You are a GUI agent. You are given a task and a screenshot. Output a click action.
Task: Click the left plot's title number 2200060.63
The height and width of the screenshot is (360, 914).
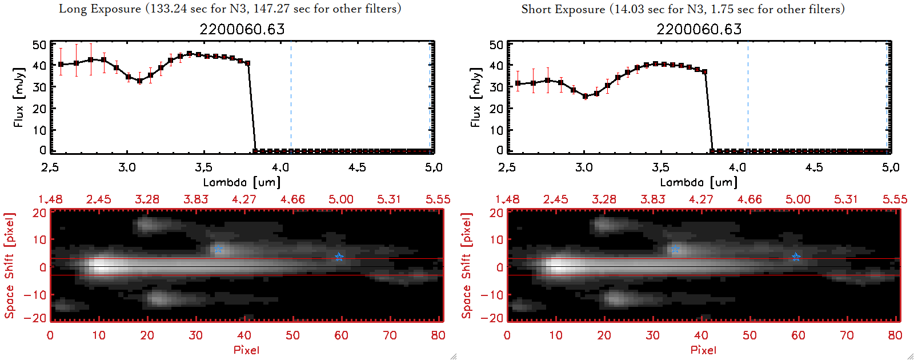click(x=242, y=29)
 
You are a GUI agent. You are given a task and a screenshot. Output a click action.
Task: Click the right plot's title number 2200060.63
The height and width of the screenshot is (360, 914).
click(x=699, y=29)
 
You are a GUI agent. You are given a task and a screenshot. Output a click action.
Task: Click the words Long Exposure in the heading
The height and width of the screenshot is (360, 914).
click(x=100, y=9)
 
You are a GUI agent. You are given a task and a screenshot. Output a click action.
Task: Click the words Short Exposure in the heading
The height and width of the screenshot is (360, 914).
click(x=563, y=9)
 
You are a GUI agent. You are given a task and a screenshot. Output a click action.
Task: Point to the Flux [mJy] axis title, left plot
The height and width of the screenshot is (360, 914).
click(x=19, y=97)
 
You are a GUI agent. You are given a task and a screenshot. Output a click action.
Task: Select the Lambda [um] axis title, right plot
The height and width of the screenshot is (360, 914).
click(x=699, y=182)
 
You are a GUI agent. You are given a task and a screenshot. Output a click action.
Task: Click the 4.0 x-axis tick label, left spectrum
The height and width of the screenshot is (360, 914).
click(x=280, y=167)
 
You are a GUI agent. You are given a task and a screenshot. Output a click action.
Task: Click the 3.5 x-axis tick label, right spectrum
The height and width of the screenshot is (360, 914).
click(x=660, y=167)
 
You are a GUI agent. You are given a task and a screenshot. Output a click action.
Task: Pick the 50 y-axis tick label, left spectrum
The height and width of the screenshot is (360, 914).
click(x=39, y=45)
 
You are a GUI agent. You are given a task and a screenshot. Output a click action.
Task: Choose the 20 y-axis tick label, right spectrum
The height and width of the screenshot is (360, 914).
click(x=496, y=109)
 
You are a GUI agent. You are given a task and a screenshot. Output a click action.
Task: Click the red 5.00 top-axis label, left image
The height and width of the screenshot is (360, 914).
click(x=341, y=199)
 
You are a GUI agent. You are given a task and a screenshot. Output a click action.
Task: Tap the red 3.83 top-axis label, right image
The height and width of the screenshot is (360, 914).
click(x=652, y=199)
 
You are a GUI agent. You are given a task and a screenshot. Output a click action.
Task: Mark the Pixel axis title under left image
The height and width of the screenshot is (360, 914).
click(x=246, y=350)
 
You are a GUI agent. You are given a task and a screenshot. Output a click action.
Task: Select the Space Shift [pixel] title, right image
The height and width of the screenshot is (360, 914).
click(x=467, y=266)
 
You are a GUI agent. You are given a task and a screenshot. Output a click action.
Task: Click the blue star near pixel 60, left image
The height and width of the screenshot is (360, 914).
click(x=339, y=257)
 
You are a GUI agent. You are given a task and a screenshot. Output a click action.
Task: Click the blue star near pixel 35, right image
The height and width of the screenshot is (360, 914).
click(x=676, y=249)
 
